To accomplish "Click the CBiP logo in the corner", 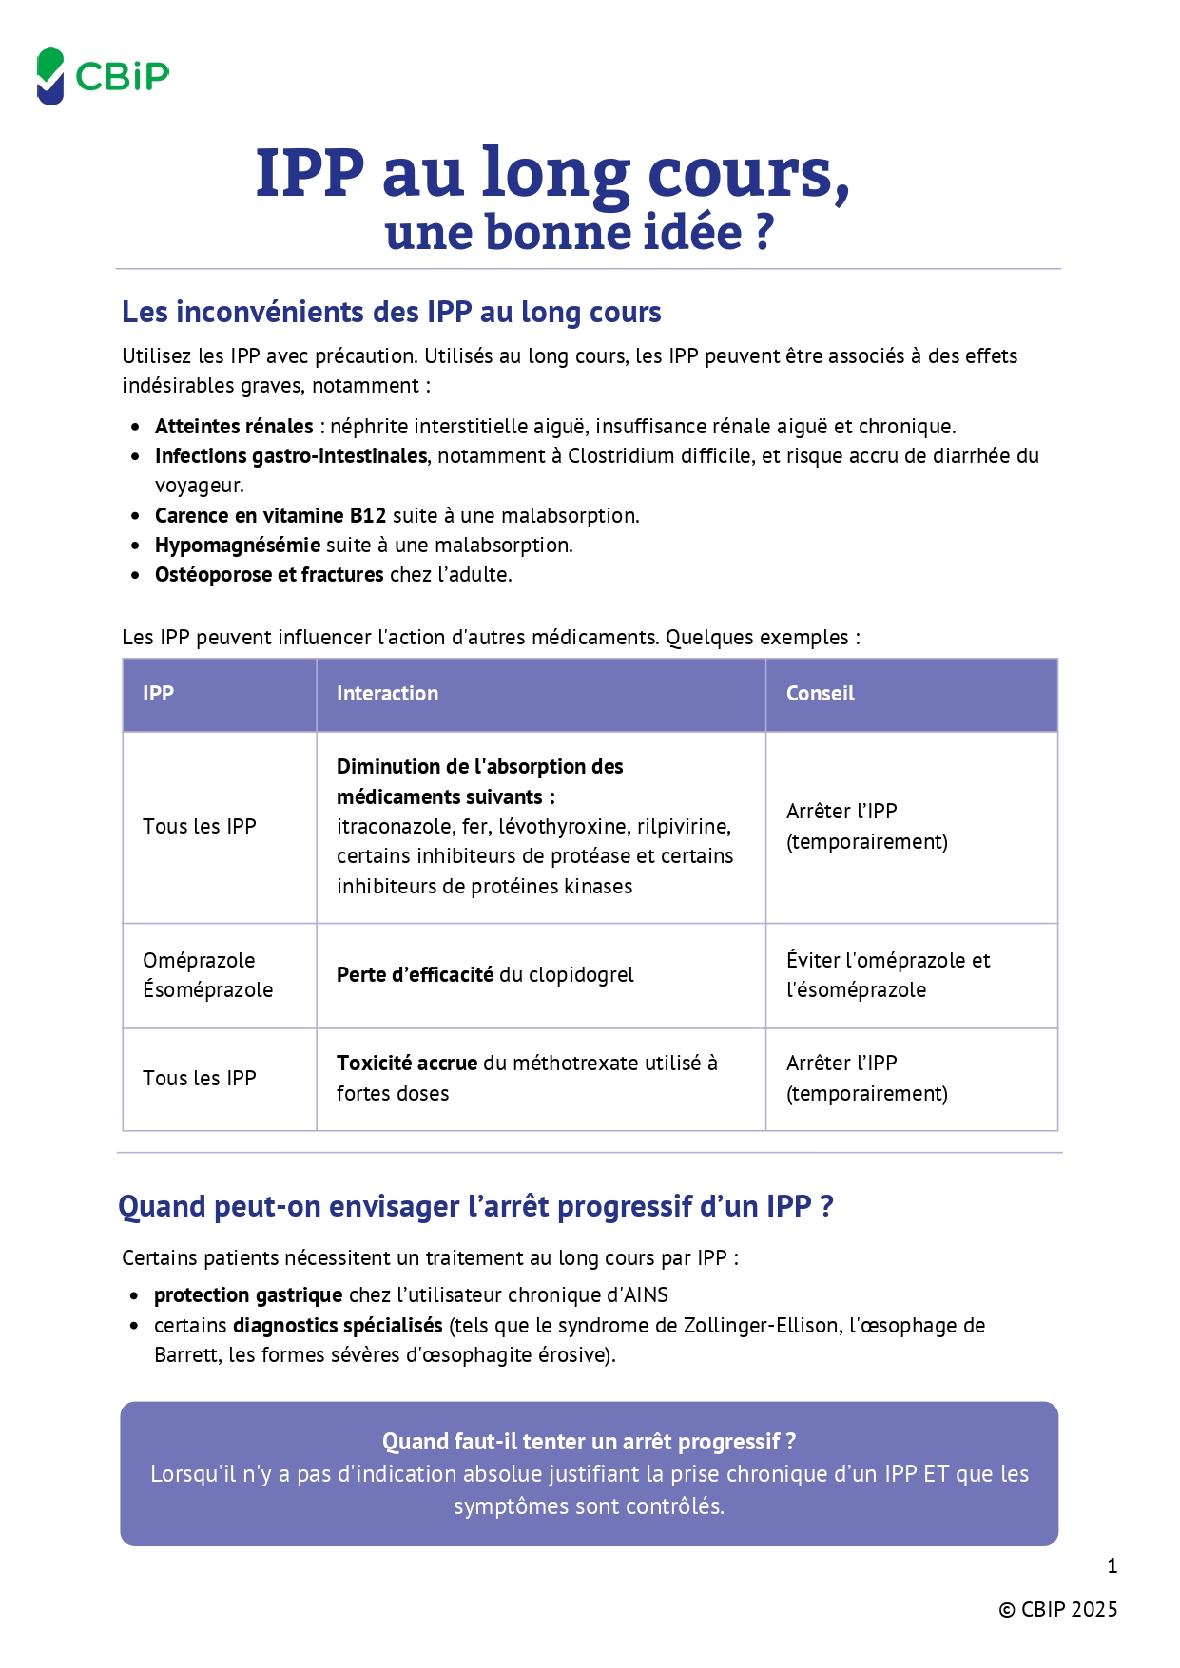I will point(103,76).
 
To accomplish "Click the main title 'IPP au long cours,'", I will point(551,174).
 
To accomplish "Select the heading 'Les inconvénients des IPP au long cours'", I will point(391,312).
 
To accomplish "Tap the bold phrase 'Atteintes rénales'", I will point(234,427).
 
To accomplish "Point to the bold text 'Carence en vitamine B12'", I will point(270,516).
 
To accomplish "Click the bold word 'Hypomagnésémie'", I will point(238,546).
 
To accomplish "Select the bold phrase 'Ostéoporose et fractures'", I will point(269,575).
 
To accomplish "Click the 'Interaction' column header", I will point(387,694).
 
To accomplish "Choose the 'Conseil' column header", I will point(820,694).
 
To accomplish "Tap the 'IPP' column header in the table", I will point(158,694).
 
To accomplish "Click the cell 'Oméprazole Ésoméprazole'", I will point(207,975).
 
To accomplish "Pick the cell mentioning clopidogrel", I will point(485,975).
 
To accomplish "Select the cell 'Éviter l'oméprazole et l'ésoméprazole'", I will point(888,975).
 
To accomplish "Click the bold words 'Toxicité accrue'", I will point(406,1064).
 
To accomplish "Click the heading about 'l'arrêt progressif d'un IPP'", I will point(475,1206).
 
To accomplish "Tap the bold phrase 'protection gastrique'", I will point(248,1295).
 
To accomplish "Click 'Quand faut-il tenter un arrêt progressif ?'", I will point(589,1442).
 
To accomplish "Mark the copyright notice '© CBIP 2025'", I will point(1057,1609).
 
